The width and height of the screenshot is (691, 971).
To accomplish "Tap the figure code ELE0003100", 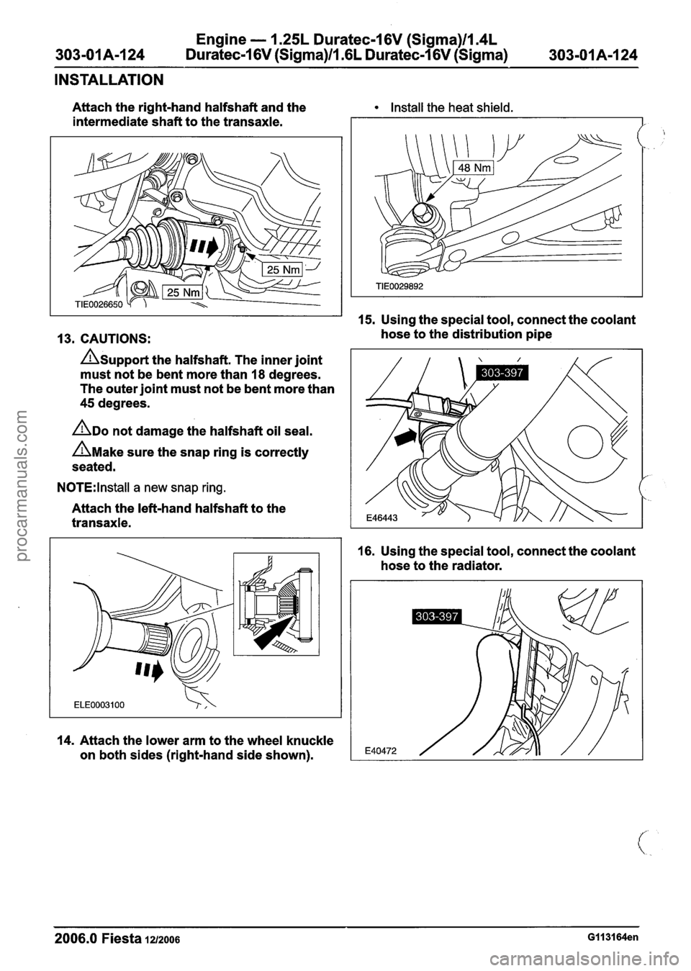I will pyautogui.click(x=99, y=705).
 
